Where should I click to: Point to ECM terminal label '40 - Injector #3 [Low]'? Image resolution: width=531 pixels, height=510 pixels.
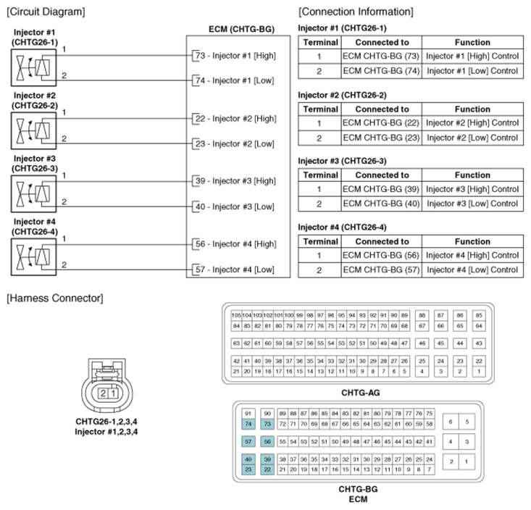[x=235, y=206]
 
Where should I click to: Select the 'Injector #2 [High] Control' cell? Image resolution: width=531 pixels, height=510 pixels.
[x=472, y=122]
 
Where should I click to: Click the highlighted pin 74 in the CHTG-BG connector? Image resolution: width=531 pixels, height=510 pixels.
[x=248, y=423]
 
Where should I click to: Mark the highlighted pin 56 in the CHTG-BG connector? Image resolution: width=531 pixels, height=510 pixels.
[x=267, y=441]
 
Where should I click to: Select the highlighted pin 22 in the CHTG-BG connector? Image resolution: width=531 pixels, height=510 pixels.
[x=267, y=469]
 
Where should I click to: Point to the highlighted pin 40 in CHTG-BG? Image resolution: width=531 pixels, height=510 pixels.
[x=248, y=460]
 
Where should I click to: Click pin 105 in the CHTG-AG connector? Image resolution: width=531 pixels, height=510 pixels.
[x=236, y=316]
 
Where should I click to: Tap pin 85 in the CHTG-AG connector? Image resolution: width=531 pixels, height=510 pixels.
[x=478, y=316]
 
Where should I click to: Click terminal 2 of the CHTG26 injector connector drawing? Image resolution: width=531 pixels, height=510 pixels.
[x=104, y=393]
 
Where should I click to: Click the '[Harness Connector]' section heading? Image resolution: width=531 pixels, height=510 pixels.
[x=54, y=298]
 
